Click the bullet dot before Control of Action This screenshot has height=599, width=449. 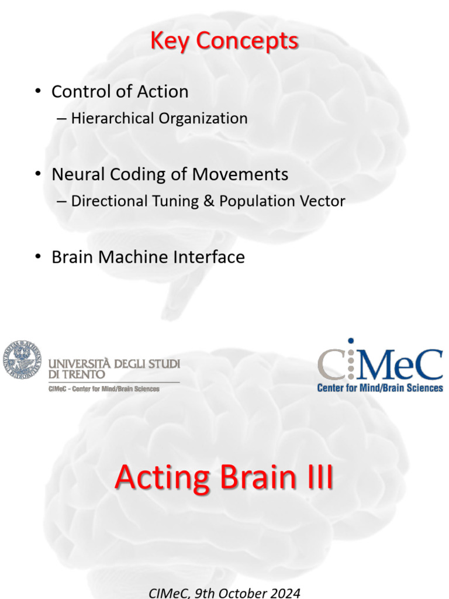[38, 92]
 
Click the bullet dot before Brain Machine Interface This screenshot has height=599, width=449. [38, 257]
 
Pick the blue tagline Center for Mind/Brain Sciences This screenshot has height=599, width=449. [380, 387]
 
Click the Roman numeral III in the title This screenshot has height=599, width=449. [316, 478]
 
